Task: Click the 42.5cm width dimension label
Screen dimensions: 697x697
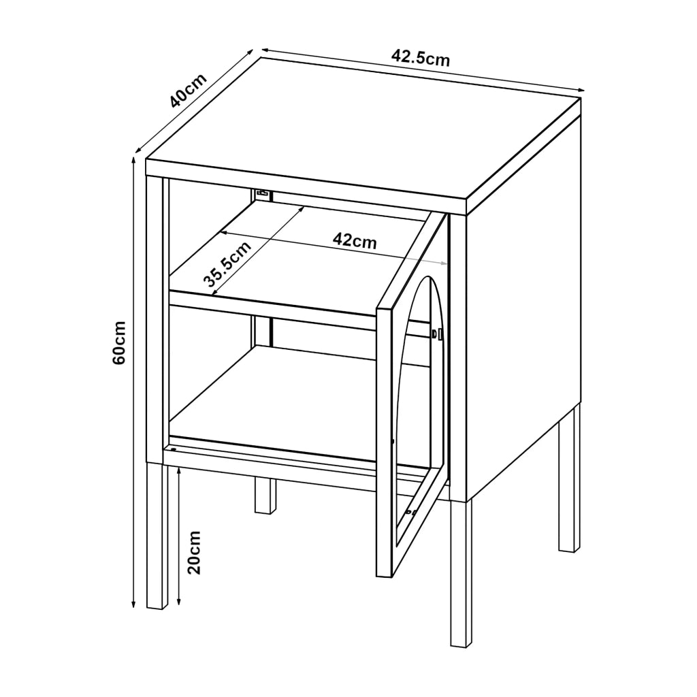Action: [421, 58]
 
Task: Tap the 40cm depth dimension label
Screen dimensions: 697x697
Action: [188, 91]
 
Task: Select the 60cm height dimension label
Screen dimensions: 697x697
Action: [119, 342]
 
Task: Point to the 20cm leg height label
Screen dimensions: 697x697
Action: [194, 552]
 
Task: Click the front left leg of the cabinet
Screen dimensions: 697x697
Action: [157, 536]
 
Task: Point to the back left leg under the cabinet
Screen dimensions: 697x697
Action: [265, 496]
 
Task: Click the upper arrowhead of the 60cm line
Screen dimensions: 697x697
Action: [133, 159]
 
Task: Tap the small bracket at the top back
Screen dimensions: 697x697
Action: [263, 194]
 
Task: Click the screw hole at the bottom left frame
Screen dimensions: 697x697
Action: [174, 449]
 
